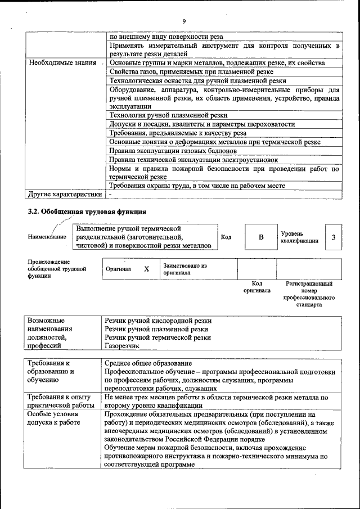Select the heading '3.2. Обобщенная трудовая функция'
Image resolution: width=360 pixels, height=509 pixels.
[x=87, y=212]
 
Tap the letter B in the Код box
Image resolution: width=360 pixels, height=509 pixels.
[x=261, y=237]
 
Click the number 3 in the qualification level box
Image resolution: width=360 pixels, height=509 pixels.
[x=334, y=237]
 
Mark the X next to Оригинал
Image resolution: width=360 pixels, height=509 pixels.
[x=146, y=269]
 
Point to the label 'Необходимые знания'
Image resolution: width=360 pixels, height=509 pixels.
[x=62, y=63]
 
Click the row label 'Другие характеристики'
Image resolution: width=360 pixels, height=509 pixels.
[x=65, y=194]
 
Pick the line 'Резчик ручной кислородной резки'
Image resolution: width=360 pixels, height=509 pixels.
[x=158, y=321]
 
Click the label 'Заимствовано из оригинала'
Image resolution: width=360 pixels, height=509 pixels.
[x=185, y=269]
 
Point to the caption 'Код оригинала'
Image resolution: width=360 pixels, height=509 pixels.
[x=256, y=287]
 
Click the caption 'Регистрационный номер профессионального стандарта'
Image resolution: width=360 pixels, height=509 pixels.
[x=309, y=294]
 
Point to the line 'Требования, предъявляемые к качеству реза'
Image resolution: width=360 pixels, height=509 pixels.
[x=178, y=133]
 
